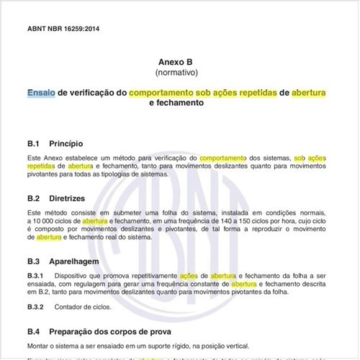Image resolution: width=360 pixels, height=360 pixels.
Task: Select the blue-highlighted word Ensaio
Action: (40, 93)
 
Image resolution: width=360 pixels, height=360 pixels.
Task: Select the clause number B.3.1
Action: (36, 276)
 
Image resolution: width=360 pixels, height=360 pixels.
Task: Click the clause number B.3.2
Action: (36, 307)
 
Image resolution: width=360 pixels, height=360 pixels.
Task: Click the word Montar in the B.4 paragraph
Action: (38, 346)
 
